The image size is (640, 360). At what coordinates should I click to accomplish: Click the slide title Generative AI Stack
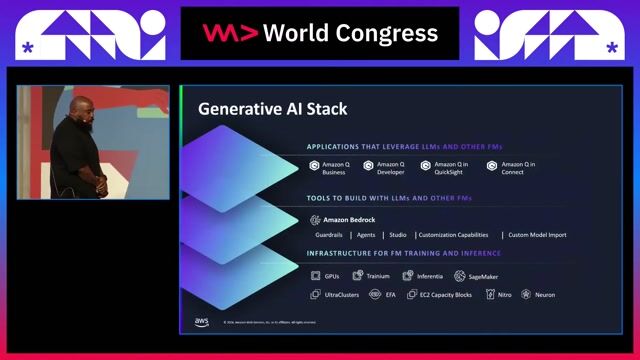(272, 109)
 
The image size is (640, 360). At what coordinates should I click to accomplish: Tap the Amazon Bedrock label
(351, 219)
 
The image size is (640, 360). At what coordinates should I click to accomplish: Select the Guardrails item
(329, 235)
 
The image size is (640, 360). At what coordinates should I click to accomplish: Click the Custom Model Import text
(537, 235)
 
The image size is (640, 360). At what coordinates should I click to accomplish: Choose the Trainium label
(377, 276)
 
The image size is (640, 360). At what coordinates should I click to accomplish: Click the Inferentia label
(429, 276)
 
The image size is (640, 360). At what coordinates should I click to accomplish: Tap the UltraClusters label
(342, 295)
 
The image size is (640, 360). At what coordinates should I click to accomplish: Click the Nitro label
(506, 295)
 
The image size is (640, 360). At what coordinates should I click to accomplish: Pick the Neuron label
(544, 295)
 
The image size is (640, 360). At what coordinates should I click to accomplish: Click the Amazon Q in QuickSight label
(450, 167)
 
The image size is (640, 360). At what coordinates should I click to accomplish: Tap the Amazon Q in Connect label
(518, 167)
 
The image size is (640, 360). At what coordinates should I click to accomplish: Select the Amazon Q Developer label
(391, 167)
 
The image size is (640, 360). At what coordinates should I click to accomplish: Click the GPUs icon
(315, 276)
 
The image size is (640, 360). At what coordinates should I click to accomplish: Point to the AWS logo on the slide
(201, 322)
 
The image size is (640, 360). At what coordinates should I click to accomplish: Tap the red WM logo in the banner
(229, 33)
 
